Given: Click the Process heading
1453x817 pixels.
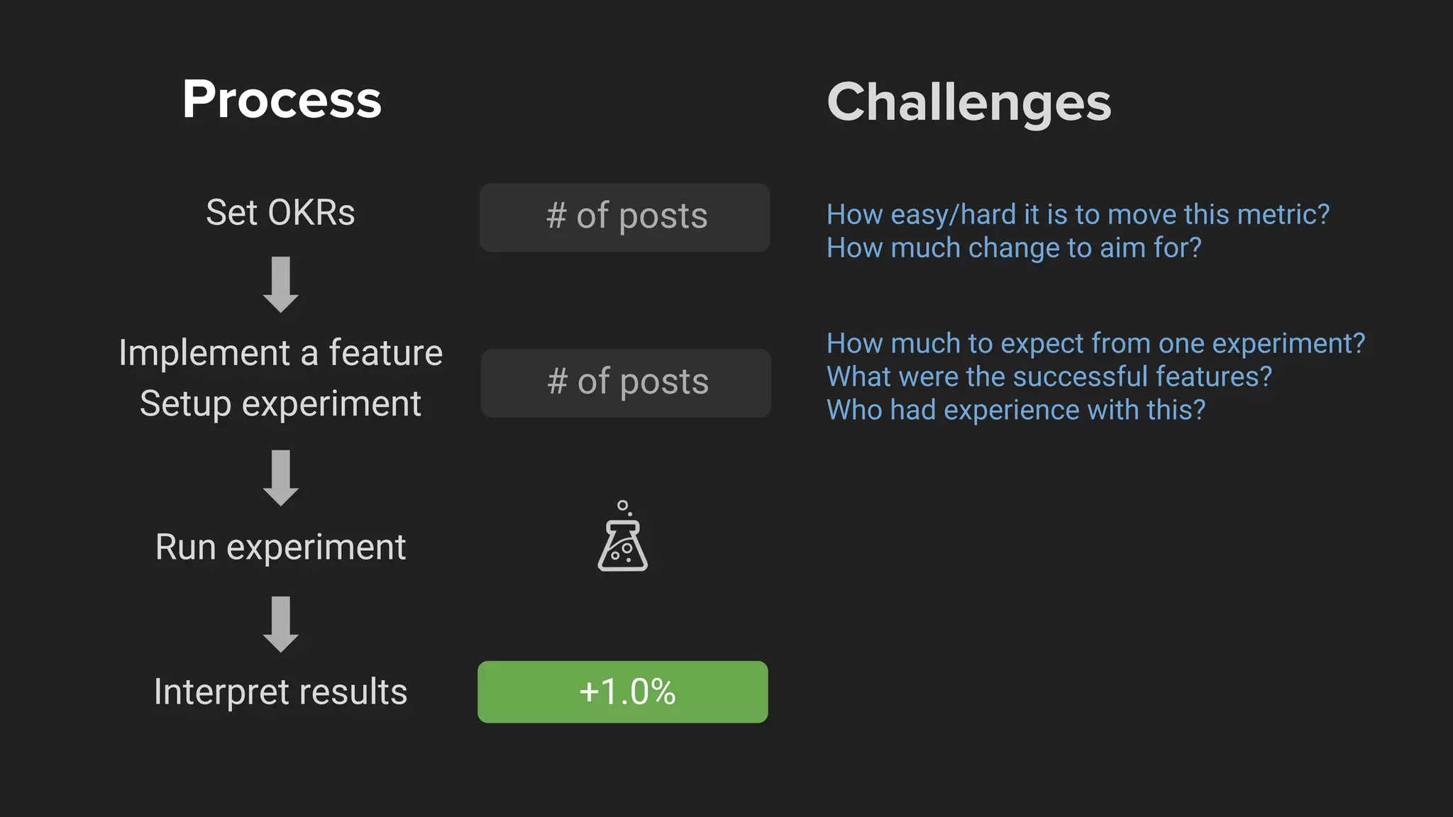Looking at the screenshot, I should (282, 99).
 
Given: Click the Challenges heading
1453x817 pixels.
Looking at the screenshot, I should (968, 103).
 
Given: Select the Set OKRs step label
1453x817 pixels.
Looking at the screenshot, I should (280, 213).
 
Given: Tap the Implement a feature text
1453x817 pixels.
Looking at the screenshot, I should (280, 353).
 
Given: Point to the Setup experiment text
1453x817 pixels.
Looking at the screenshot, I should (280, 404).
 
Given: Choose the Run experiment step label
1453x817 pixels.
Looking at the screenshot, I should (280, 548).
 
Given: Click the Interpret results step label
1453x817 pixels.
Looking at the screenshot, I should (280, 692).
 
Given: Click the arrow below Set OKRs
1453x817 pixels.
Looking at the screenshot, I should (281, 284).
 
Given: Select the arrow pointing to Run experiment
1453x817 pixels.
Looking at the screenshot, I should (281, 477).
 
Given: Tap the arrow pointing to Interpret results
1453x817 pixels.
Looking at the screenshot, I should (281, 624).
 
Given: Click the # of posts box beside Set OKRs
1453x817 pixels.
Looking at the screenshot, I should (625, 217).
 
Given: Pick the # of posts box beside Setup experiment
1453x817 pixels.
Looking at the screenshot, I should (626, 383).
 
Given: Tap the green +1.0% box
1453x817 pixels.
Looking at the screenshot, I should (623, 692).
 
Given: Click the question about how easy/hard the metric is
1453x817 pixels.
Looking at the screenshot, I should (1078, 214).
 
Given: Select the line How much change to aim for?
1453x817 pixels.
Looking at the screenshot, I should (1014, 248).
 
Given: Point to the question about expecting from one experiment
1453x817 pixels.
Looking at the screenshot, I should (1095, 344).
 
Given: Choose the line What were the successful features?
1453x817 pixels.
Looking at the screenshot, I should (1049, 377).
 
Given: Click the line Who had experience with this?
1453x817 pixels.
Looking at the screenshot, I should (1016, 410).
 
